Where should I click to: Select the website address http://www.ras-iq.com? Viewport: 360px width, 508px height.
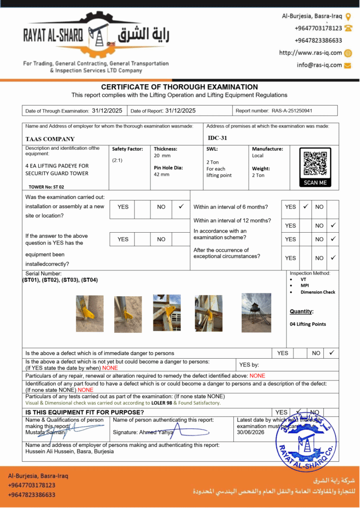coord(310,53)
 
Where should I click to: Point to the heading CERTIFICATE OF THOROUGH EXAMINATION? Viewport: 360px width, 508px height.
coord(179,87)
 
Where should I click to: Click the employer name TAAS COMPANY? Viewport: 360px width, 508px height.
coord(50,139)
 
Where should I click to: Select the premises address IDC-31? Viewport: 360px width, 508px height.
coord(217,138)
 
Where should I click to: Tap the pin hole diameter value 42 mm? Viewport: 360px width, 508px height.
coord(161,175)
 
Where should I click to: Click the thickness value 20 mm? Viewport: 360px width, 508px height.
coord(162,155)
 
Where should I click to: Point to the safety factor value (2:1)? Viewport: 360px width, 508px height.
coord(118,160)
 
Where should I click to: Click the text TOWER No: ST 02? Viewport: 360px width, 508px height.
coord(46,187)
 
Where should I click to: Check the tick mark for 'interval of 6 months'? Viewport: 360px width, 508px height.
coord(306,206)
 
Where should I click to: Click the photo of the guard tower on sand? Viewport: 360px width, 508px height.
coord(256,313)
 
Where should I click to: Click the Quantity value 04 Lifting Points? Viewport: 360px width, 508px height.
coord(308,324)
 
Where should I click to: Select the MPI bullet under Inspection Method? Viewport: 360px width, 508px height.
coord(304,286)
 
